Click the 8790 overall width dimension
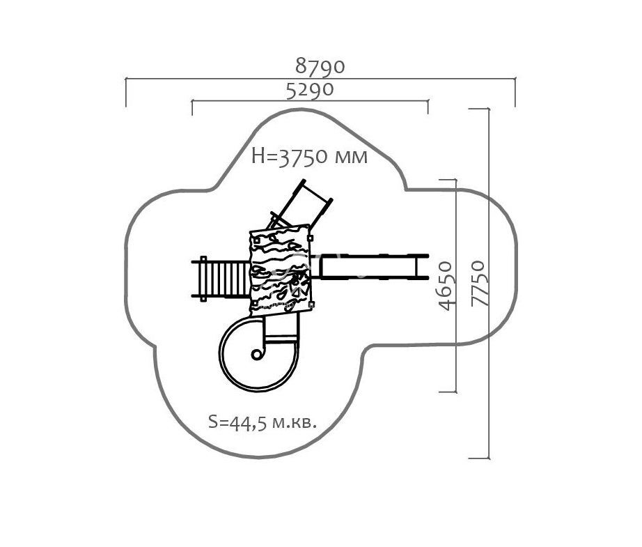(320, 66)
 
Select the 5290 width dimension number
(310, 90)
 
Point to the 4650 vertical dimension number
(446, 286)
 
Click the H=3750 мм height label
(310, 157)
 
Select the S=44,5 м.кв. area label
(263, 422)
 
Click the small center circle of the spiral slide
(256, 355)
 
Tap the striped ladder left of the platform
(220, 279)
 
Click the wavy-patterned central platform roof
(281, 270)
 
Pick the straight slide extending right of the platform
(370, 267)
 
